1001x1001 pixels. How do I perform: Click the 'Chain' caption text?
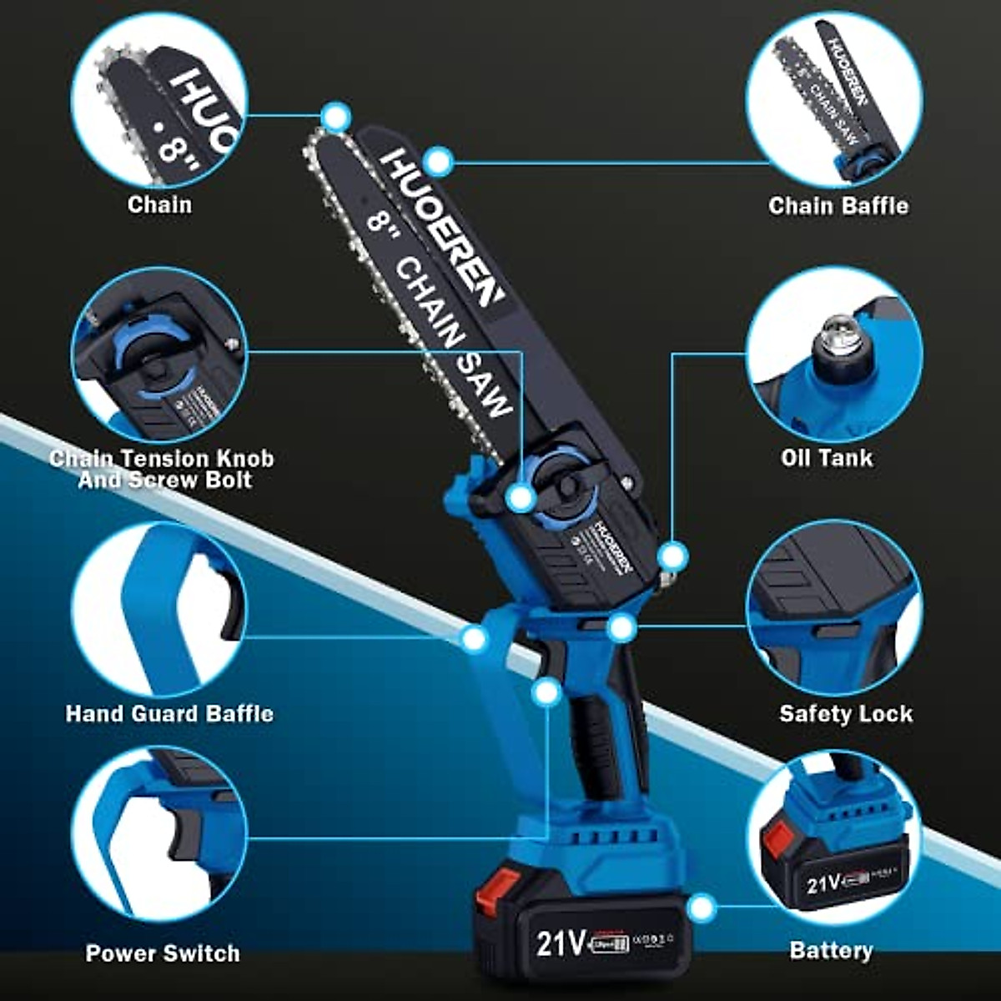pyautogui.click(x=159, y=204)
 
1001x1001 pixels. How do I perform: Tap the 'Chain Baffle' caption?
pyautogui.click(x=838, y=205)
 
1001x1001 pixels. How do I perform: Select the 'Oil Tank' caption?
pyautogui.click(x=827, y=457)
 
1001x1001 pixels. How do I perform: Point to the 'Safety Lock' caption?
pyautogui.click(x=845, y=714)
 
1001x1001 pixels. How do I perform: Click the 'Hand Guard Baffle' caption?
pyautogui.click(x=169, y=714)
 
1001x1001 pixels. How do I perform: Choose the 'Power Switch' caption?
pyautogui.click(x=163, y=953)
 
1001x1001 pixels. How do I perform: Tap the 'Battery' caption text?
pyautogui.click(x=831, y=950)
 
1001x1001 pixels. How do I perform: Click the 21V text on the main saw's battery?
pyautogui.click(x=560, y=943)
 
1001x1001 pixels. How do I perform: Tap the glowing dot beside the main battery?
pyautogui.click(x=702, y=908)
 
